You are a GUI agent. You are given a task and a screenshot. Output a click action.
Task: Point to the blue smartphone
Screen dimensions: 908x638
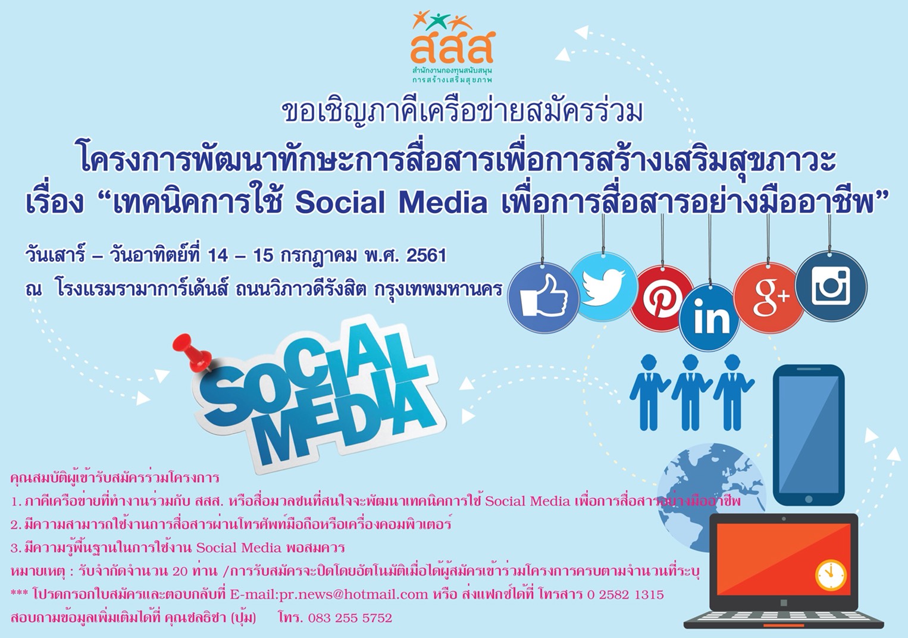pyautogui.click(x=808, y=435)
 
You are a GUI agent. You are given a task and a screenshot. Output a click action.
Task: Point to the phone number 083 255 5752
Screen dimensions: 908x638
pyautogui.click(x=350, y=618)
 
